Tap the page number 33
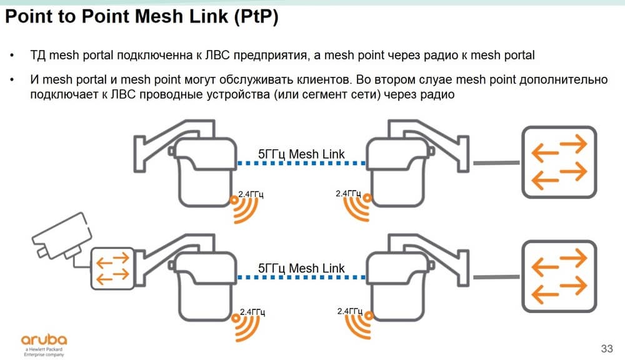click(606, 347)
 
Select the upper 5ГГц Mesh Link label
click(301, 154)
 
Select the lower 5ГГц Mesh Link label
click(301, 269)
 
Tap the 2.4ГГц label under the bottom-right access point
click(349, 311)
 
